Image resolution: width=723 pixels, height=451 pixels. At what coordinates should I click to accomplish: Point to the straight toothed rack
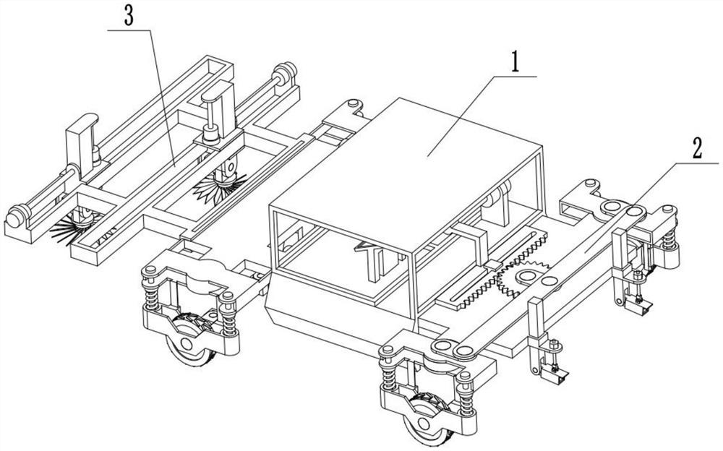coord(502,270)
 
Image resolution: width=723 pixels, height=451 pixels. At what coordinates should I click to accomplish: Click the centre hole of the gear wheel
coord(525,276)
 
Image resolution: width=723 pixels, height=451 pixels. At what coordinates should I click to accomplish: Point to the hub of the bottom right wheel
coord(424,422)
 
